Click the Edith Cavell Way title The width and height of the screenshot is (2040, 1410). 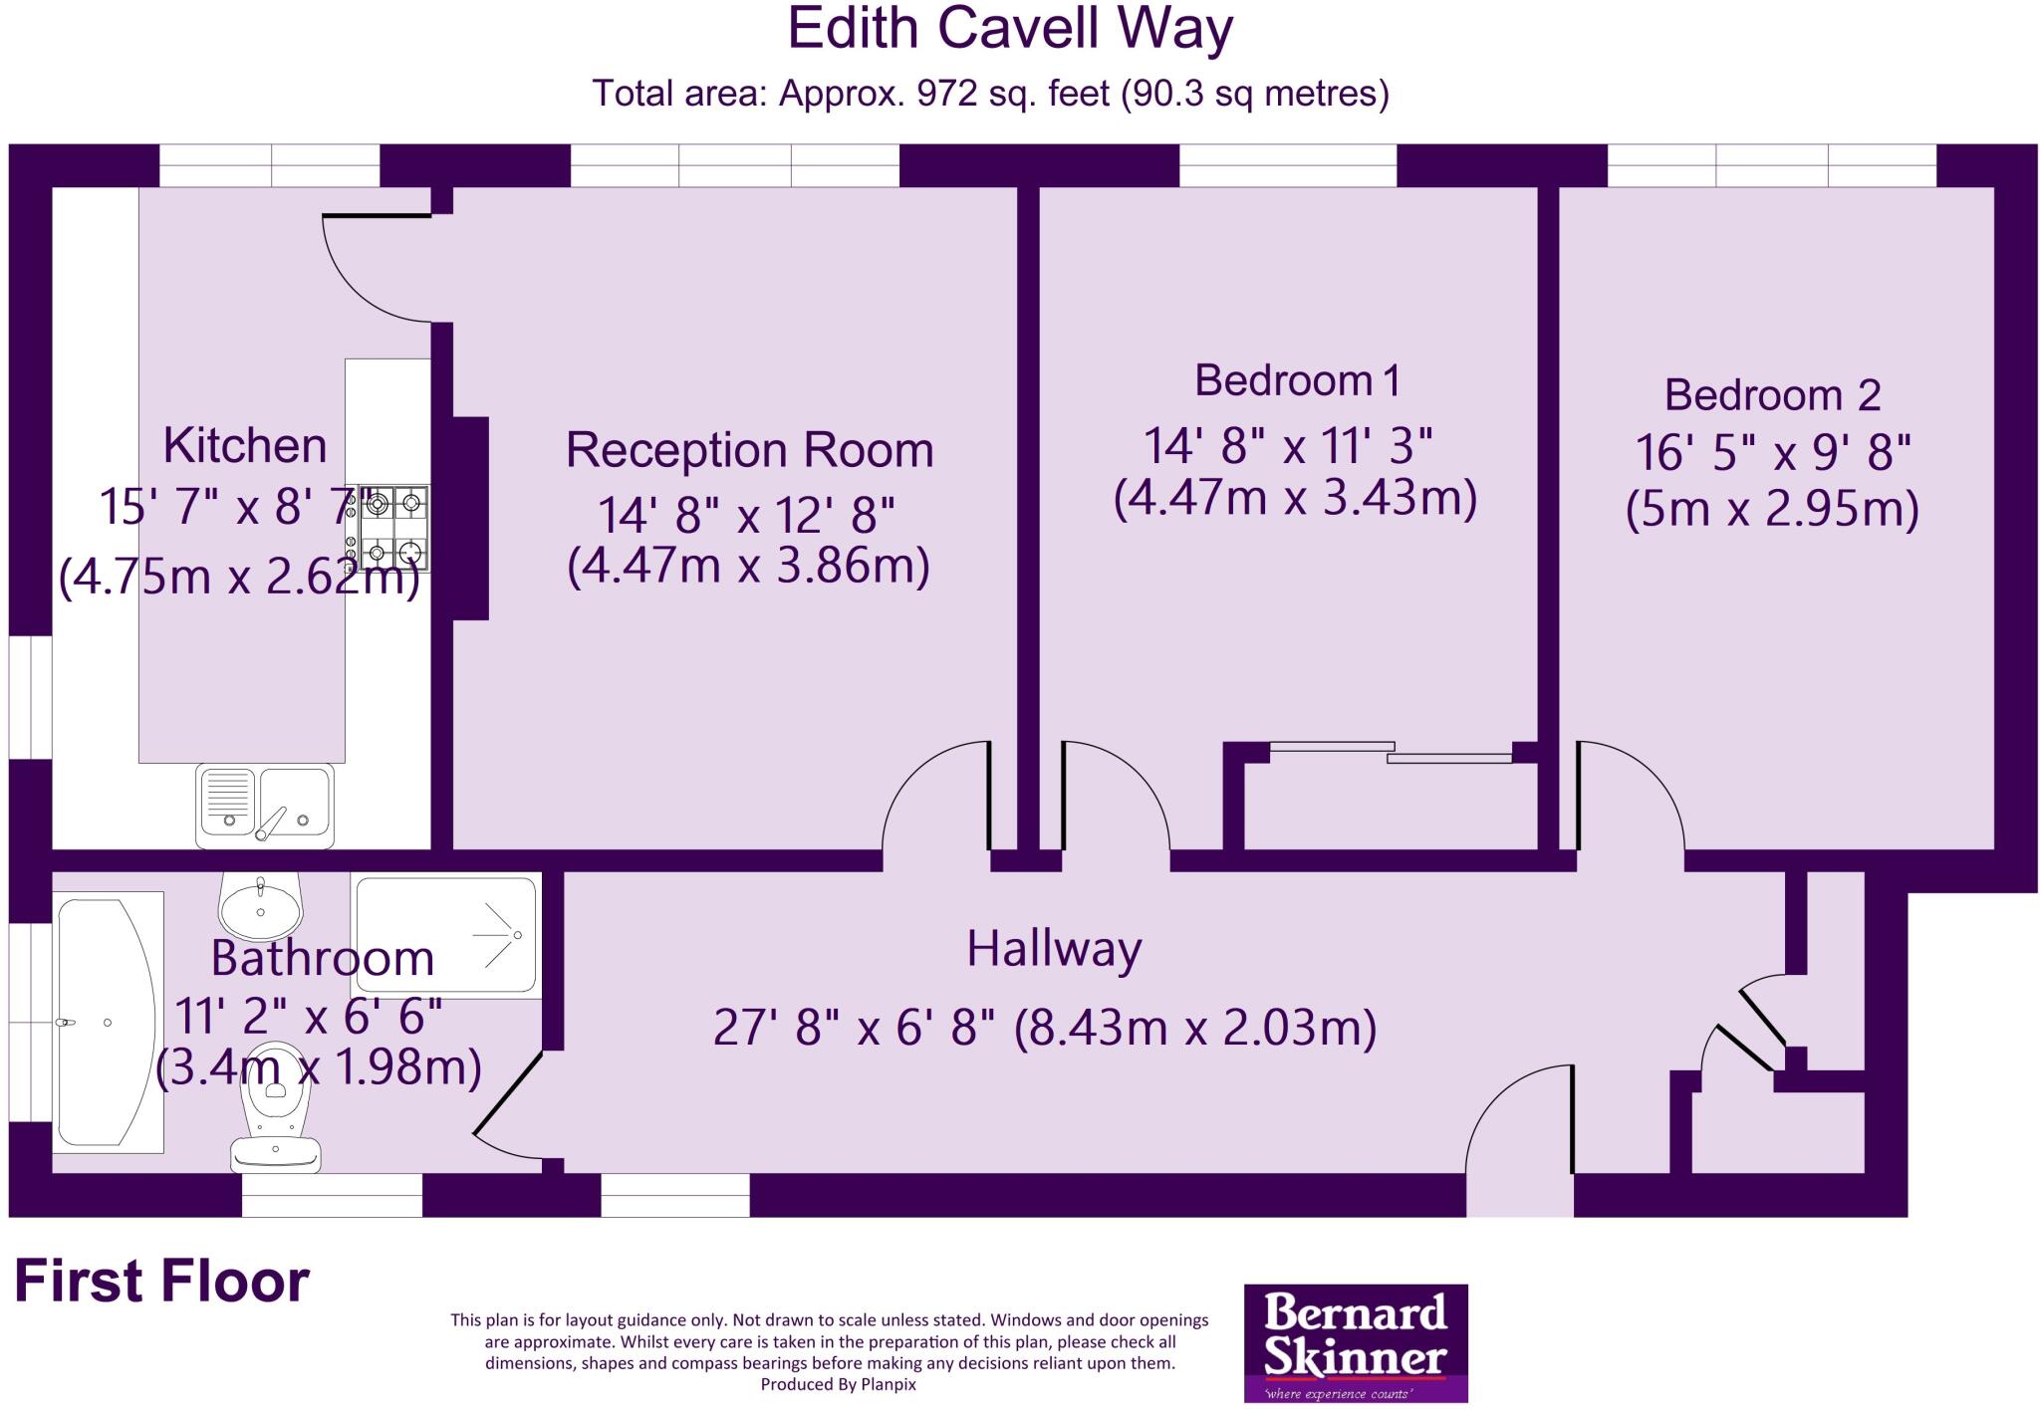pos(1010,30)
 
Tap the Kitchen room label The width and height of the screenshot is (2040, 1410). pos(245,445)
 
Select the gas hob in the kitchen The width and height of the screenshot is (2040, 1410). pos(395,528)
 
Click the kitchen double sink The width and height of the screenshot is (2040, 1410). pos(265,805)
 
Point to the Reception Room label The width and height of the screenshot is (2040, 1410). pos(749,450)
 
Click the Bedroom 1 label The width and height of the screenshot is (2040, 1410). pos(1297,380)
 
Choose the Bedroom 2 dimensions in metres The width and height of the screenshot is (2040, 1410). pos(1772,510)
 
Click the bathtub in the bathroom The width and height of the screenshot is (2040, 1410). pos(107,1022)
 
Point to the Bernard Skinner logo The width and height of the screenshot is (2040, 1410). pos(1356,1343)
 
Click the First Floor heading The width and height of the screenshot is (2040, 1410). pos(161,1282)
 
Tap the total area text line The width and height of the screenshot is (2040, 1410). pos(990,94)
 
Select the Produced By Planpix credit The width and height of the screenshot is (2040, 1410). pos(838,1384)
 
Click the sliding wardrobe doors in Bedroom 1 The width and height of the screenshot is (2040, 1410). pos(1391,752)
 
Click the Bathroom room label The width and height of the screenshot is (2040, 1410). pos(322,958)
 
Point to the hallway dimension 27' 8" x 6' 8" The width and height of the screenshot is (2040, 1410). pos(855,1028)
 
